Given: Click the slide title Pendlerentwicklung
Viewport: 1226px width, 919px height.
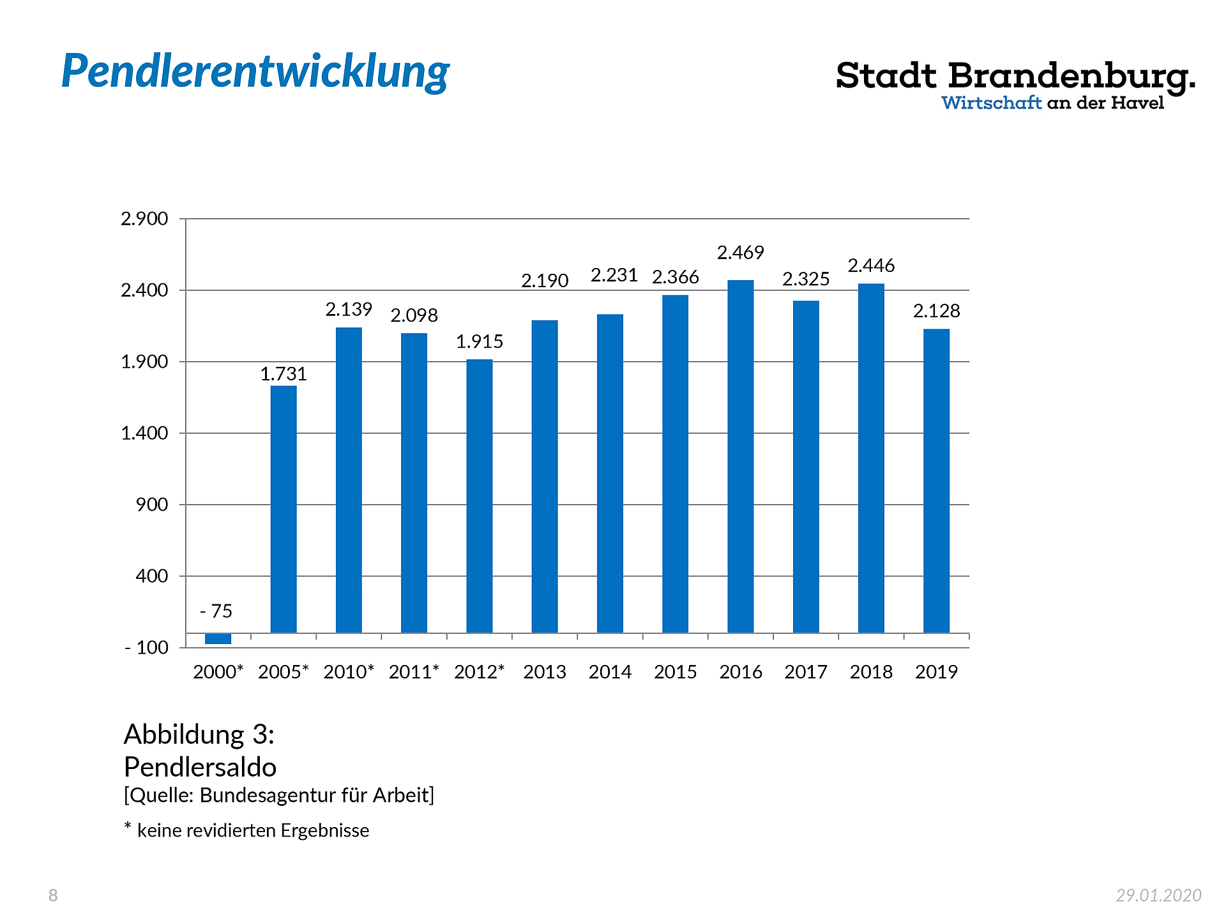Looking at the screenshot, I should [x=255, y=71].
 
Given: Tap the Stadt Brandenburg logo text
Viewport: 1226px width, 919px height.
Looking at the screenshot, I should [x=1015, y=77].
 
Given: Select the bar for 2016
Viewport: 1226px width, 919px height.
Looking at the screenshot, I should [x=740, y=456].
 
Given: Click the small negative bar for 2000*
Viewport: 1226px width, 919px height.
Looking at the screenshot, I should [x=218, y=639].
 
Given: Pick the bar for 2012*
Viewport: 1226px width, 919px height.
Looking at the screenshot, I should [x=479, y=496].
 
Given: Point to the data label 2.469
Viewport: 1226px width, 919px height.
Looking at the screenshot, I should [x=740, y=253].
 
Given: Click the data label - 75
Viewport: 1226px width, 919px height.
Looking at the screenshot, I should [x=216, y=611].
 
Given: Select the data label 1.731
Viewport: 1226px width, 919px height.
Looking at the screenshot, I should [x=284, y=374].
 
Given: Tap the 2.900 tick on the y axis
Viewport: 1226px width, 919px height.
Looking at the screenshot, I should [x=144, y=219].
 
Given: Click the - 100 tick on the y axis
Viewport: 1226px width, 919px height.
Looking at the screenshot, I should [x=146, y=648].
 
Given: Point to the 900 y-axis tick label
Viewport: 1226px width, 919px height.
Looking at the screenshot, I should [x=152, y=505].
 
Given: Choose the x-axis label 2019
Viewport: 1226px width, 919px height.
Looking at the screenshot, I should [x=936, y=672].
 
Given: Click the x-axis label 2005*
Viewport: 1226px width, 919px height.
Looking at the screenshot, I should [x=284, y=672].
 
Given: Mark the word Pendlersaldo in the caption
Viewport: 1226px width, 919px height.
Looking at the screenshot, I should [x=200, y=767].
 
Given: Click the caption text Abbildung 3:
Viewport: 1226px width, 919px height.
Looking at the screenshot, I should [x=199, y=735].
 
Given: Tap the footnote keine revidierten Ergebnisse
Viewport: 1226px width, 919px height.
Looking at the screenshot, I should [x=253, y=830].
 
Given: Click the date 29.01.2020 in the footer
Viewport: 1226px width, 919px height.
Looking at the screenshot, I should [x=1158, y=895].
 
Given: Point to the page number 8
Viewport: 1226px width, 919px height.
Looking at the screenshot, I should [x=53, y=895].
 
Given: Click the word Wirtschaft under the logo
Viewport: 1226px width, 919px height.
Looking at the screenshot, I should [x=991, y=103].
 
